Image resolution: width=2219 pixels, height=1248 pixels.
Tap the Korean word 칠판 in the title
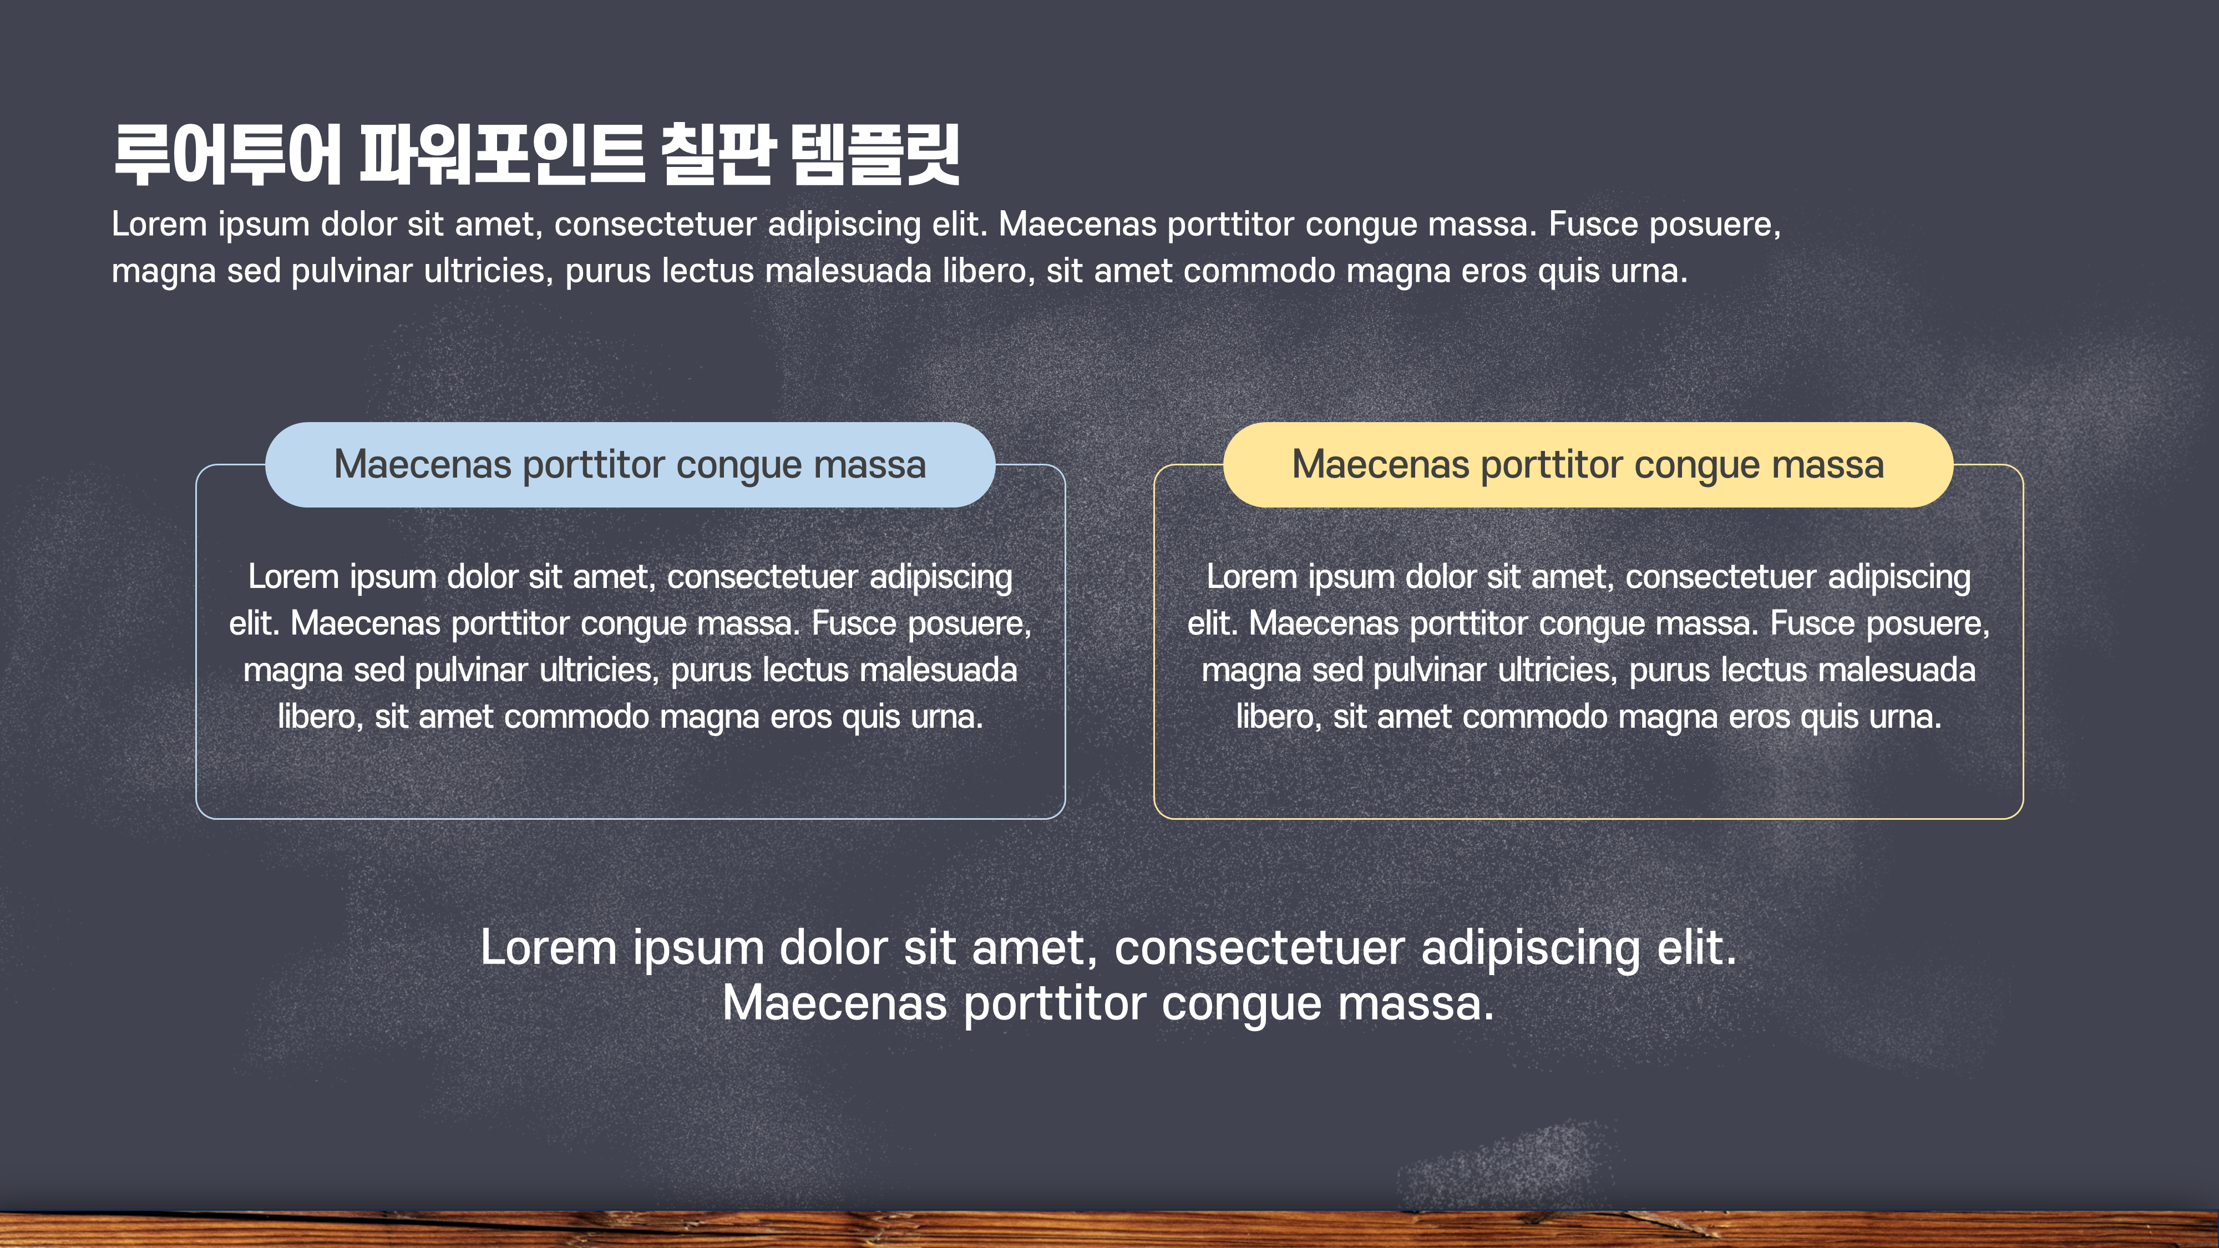[x=717, y=155]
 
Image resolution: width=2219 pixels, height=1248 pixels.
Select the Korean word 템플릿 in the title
[x=874, y=155]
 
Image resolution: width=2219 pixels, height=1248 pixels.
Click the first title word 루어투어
[x=227, y=155]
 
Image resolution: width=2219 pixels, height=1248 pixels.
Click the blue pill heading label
[x=630, y=465]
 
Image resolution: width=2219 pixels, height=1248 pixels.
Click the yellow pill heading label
[x=1588, y=465]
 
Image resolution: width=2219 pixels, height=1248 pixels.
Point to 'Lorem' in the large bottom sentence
[x=549, y=949]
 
